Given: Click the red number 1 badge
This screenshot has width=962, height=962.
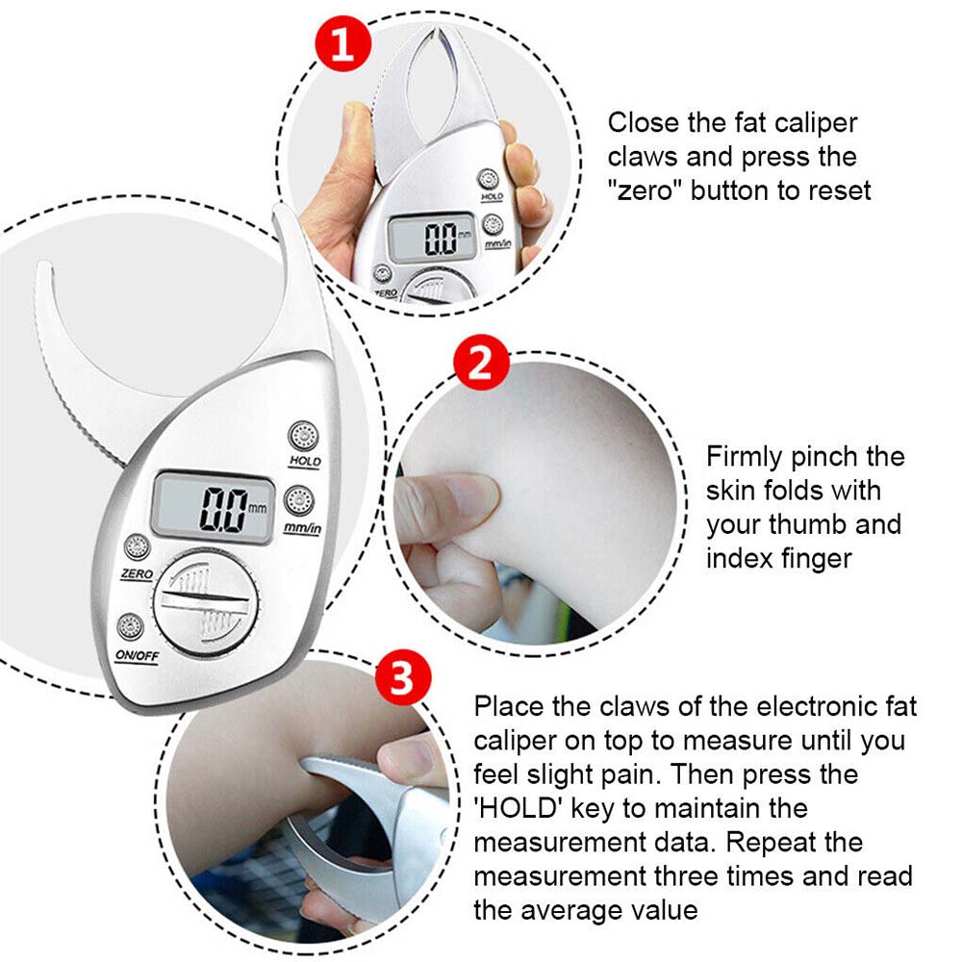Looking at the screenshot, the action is tap(343, 43).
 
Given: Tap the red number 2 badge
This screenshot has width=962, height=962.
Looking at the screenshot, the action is tap(481, 363).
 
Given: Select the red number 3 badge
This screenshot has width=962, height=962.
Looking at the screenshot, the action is tap(403, 678).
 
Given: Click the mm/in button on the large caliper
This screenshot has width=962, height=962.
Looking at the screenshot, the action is tap(299, 500).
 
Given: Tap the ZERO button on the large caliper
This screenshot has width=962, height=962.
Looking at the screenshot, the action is tap(138, 547).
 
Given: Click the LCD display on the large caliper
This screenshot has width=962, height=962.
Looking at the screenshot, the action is tap(213, 508).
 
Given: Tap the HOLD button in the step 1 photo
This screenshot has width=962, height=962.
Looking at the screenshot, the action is tap(489, 180).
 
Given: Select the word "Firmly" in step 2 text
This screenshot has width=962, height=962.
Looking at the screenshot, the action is tap(745, 457).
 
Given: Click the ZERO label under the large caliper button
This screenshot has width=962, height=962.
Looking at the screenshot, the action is tap(137, 574).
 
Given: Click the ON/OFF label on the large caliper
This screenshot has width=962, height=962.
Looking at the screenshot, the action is tap(138, 656).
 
